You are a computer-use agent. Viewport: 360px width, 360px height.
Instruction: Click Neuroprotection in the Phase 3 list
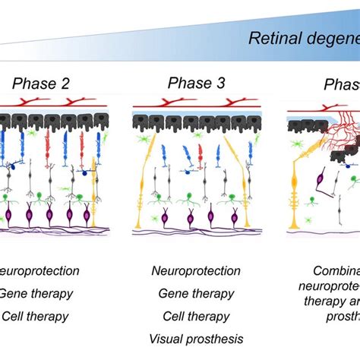click(196, 271)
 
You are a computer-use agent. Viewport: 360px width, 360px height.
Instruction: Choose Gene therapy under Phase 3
click(196, 293)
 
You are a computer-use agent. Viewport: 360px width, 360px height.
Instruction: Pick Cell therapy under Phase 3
click(196, 315)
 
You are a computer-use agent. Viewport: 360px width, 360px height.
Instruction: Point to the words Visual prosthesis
click(196, 339)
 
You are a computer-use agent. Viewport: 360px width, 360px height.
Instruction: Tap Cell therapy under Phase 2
click(36, 315)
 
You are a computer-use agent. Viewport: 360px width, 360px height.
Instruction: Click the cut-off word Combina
click(336, 271)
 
